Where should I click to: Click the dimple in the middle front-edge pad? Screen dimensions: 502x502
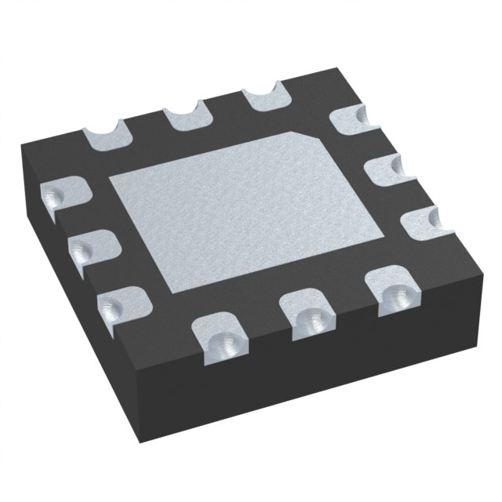(x=312, y=320)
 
